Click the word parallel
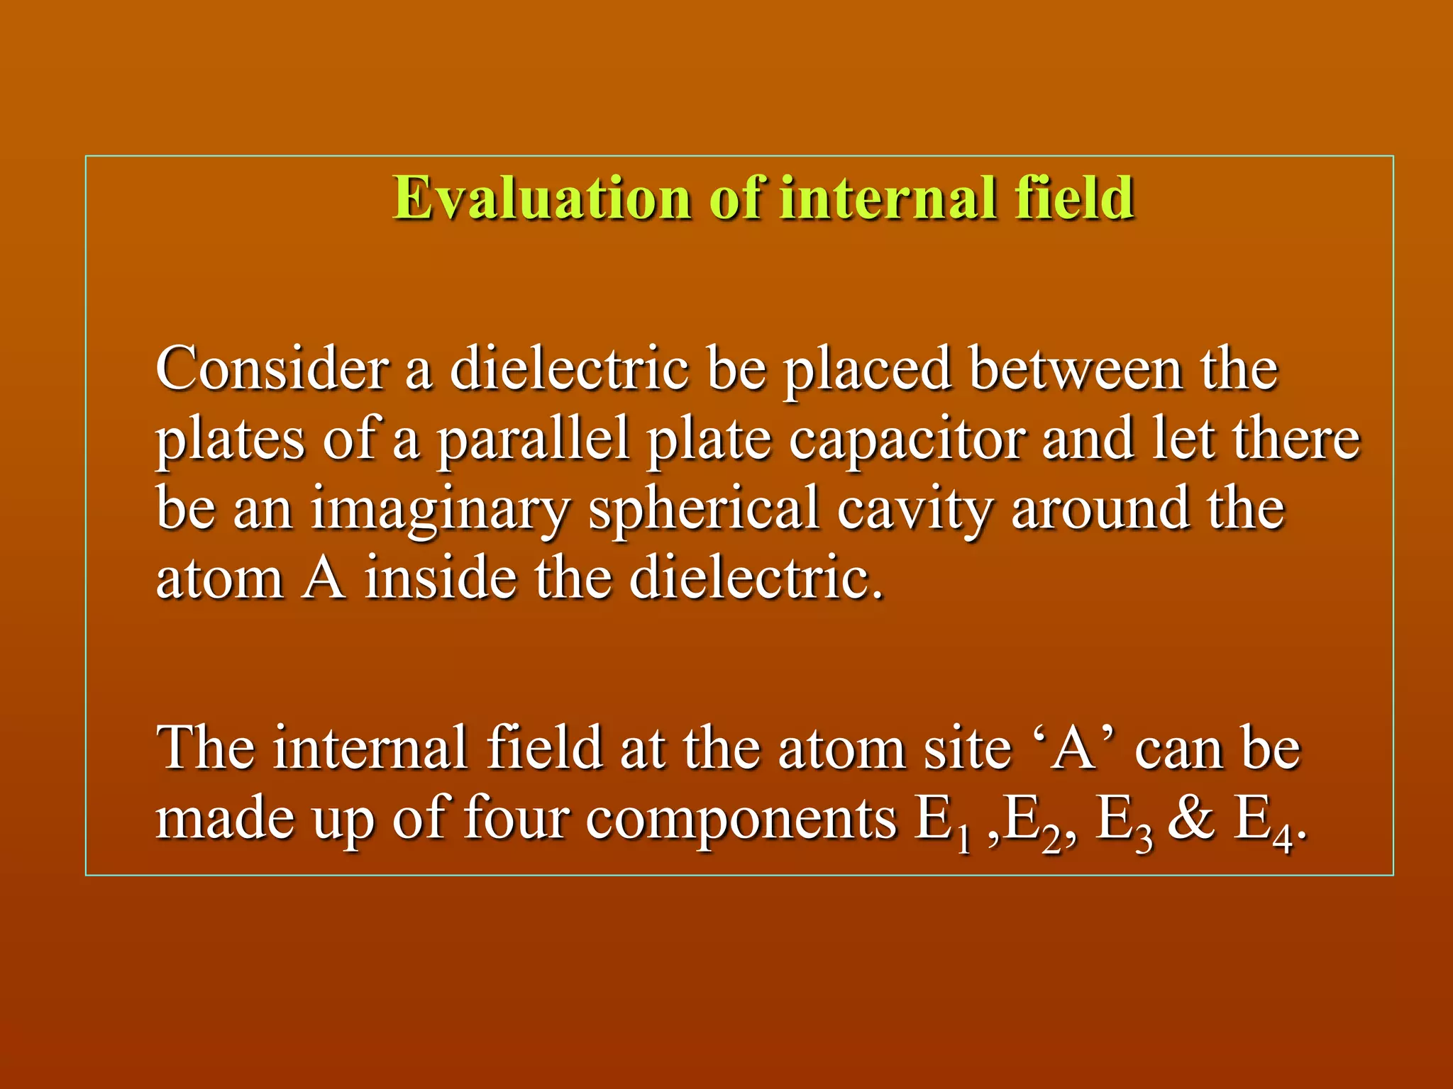tap(533, 440)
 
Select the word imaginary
tap(440, 509)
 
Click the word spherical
tap(704, 509)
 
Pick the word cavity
tap(914, 509)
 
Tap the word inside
tap(440, 577)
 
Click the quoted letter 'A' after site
tap(1073, 748)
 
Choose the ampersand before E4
tap(1191, 819)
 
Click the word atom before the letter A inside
tap(219, 579)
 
